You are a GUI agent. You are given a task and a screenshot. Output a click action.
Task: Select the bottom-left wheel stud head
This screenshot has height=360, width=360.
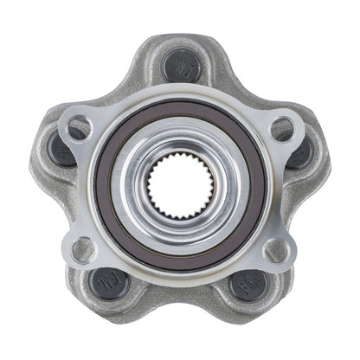pyautogui.click(x=110, y=282)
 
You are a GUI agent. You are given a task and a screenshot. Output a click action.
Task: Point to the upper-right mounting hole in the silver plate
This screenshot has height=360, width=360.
pyautogui.click(x=281, y=129)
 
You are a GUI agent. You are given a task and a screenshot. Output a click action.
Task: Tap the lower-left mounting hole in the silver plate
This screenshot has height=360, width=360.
pyautogui.click(x=82, y=249)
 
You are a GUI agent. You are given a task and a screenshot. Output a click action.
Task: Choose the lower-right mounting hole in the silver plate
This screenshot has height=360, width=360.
pyautogui.click(x=277, y=249)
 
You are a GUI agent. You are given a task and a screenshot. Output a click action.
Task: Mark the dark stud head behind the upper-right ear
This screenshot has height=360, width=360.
pyautogui.click(x=299, y=152)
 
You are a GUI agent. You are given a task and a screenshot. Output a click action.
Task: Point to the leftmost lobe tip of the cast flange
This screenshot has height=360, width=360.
pyautogui.click(x=35, y=164)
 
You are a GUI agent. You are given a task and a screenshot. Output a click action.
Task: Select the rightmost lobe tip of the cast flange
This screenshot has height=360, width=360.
pyautogui.click(x=327, y=164)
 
